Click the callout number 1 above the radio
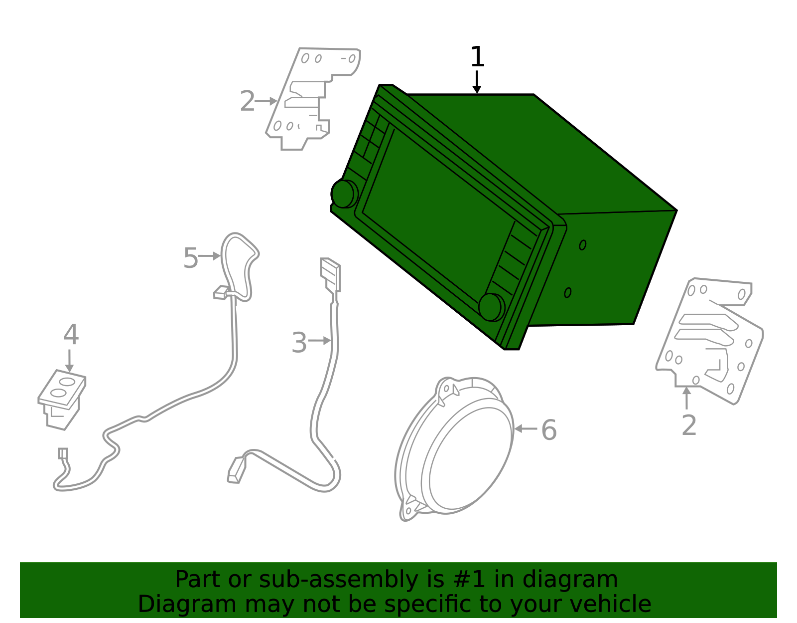click(x=477, y=56)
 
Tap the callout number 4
click(x=71, y=335)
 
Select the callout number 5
click(x=191, y=258)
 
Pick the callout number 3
click(x=299, y=343)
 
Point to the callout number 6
click(x=549, y=430)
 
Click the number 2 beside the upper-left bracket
click(x=247, y=101)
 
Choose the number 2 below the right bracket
click(x=689, y=425)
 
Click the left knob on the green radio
click(x=344, y=194)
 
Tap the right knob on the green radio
click(x=492, y=307)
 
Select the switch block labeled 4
click(x=62, y=400)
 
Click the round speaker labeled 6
click(x=455, y=448)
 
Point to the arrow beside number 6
click(x=526, y=428)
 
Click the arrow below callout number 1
click(x=476, y=82)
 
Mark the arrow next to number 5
click(x=209, y=256)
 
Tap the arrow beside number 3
click(x=320, y=341)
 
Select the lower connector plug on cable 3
click(x=237, y=469)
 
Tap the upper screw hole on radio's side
click(x=582, y=245)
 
